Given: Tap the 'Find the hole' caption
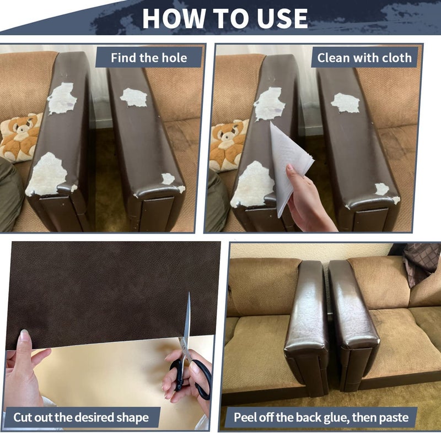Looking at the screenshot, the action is tap(149, 58).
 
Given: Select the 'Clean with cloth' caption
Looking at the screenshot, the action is tap(364, 58).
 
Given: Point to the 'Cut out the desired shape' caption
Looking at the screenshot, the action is tap(81, 417).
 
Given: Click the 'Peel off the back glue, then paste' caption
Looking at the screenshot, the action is tap(321, 417).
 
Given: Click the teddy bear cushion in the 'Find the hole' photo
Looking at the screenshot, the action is tap(20, 137).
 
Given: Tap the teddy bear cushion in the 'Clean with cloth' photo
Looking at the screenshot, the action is tap(228, 145).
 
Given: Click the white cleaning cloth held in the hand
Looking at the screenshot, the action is tap(290, 166).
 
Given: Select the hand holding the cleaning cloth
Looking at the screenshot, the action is tap(306, 199).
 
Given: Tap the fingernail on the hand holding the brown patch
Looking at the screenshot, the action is tap(24, 335).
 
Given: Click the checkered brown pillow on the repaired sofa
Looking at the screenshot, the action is tap(422, 263).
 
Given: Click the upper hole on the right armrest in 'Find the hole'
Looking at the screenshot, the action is tap(134, 98).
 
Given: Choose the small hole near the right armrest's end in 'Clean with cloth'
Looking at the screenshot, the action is tap(382, 188).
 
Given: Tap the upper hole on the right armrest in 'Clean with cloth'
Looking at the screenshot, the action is tap(346, 103).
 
